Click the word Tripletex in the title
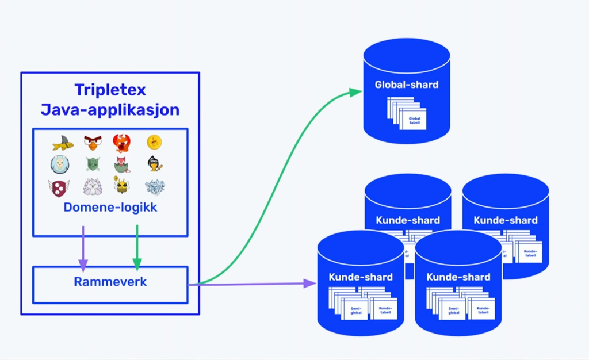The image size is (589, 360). tap(110, 90)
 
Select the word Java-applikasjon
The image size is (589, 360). tap(110, 109)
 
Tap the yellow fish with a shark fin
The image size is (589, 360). tap(62, 143)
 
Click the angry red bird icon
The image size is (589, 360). tap(93, 142)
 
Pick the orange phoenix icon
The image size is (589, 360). tap(122, 143)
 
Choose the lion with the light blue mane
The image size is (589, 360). tap(60, 164)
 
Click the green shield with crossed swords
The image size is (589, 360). tap(93, 164)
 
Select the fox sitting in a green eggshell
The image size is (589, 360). tap(123, 164)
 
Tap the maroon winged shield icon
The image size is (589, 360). tap(59, 187)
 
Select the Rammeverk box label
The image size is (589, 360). tap(110, 282)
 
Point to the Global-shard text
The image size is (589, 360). tap(407, 85)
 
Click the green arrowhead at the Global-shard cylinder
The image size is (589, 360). tap(358, 92)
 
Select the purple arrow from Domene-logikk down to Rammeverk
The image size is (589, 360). tap(83, 247)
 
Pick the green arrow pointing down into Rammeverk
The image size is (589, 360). tap(137, 247)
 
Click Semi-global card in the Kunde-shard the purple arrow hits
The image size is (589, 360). tap(355, 311)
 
